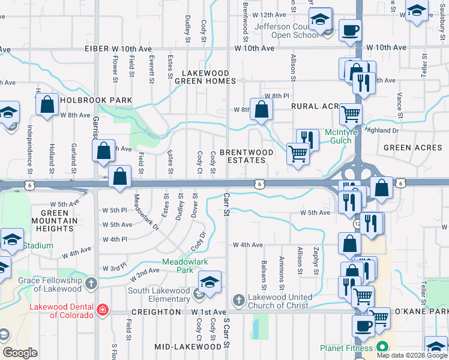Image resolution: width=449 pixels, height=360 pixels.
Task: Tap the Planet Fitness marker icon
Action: click(x=381, y=347)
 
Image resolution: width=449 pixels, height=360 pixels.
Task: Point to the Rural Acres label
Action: click(x=316, y=106)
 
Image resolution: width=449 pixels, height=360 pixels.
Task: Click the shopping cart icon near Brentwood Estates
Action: click(x=298, y=154)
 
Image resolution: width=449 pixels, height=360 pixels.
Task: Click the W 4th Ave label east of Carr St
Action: click(x=249, y=245)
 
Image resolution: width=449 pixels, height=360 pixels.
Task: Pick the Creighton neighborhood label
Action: click(x=156, y=313)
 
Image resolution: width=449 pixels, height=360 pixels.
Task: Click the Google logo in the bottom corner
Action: click(x=20, y=353)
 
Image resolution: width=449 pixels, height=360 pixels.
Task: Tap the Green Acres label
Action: click(x=405, y=148)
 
